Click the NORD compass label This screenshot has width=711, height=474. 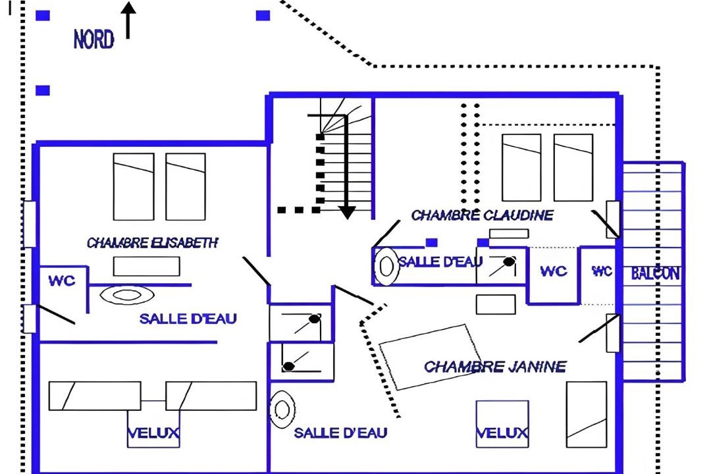(93, 39)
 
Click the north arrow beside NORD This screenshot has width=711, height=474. (128, 20)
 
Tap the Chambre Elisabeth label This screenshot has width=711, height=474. (152, 243)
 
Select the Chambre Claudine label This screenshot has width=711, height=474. (482, 215)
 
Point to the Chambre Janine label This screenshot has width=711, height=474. (494, 366)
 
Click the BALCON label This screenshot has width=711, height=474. (655, 273)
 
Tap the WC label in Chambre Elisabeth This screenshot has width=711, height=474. (62, 280)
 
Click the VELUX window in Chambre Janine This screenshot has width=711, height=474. (502, 424)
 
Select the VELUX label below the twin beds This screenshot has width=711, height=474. (153, 433)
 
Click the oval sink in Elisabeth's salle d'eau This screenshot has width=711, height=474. (127, 295)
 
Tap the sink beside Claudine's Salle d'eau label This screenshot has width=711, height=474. (386, 266)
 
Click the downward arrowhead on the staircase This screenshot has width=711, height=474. (347, 212)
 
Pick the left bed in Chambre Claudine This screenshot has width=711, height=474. (521, 167)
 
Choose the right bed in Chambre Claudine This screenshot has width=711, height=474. (573, 167)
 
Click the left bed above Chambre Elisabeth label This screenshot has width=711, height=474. (133, 186)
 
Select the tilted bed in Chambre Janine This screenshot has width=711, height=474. (430, 357)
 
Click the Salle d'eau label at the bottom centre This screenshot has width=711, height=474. (340, 433)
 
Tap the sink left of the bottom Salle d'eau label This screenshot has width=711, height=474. (282, 409)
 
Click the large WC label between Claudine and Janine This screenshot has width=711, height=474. (554, 271)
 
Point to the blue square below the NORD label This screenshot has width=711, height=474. (43, 90)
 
